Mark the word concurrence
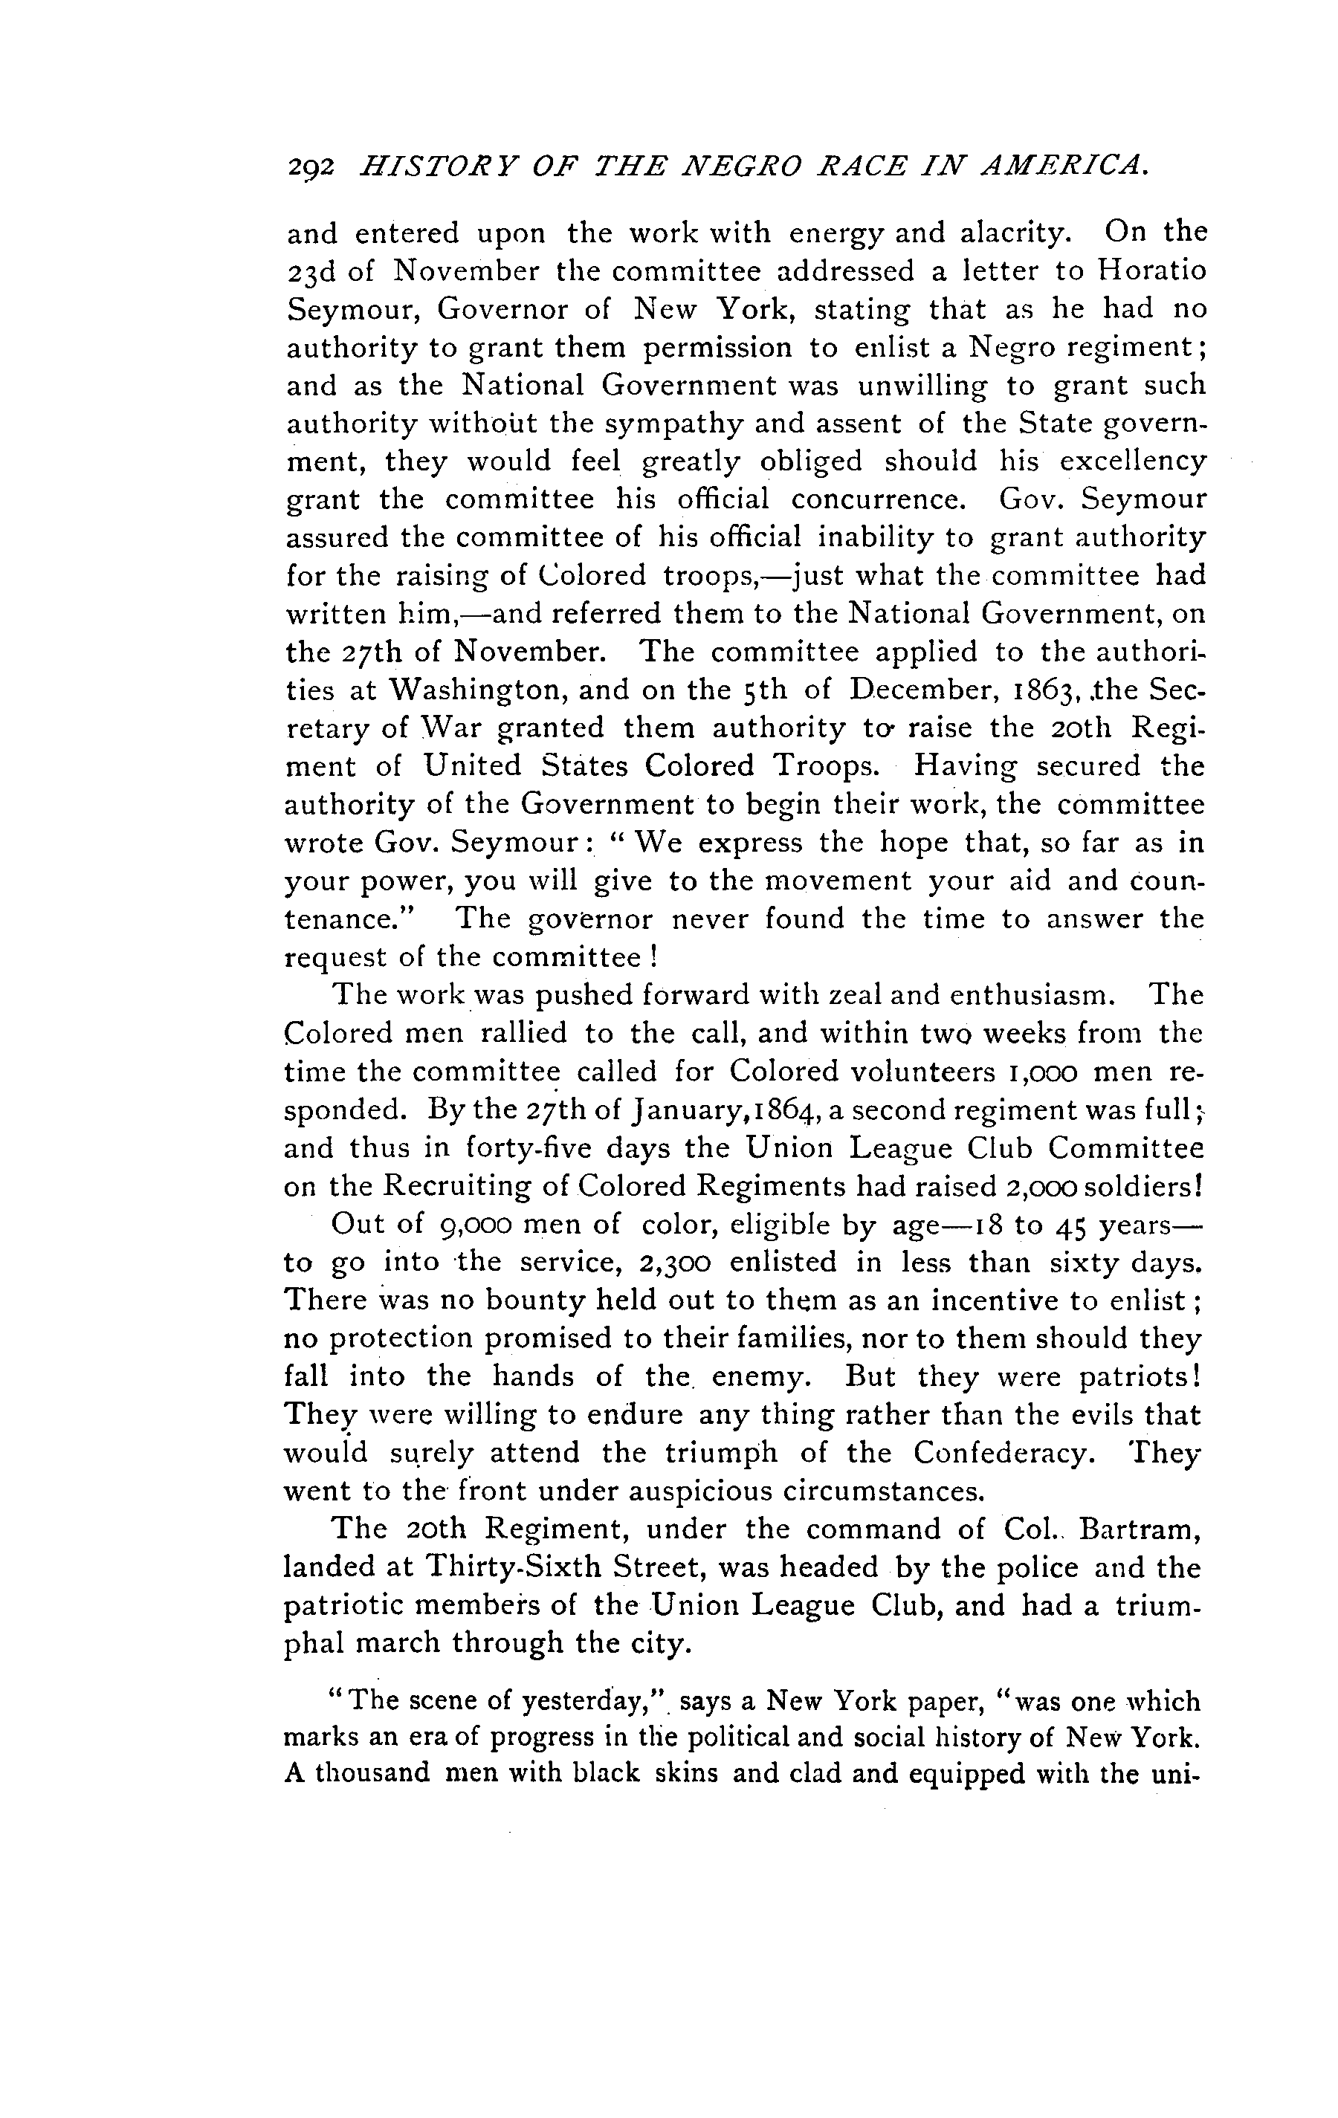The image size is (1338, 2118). click(878, 499)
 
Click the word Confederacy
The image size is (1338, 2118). click(1003, 1452)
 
